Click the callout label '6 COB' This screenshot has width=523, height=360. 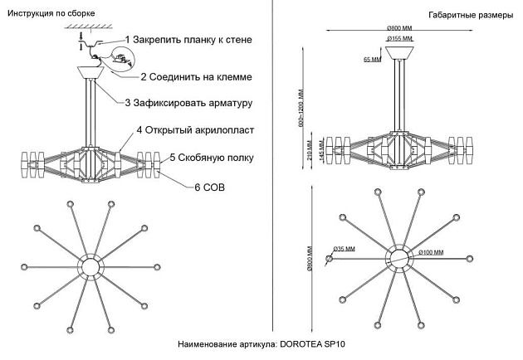pyautogui.click(x=209, y=187)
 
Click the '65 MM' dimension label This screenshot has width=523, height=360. pyautogui.click(x=372, y=60)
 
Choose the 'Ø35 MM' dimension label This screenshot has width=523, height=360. pyautogui.click(x=344, y=248)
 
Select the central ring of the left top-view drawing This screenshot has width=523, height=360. pyautogui.click(x=90, y=266)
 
